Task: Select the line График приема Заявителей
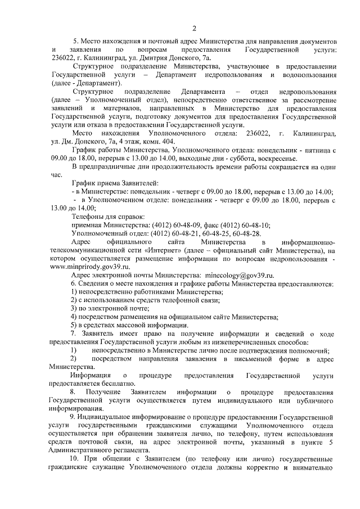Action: [115, 183]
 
